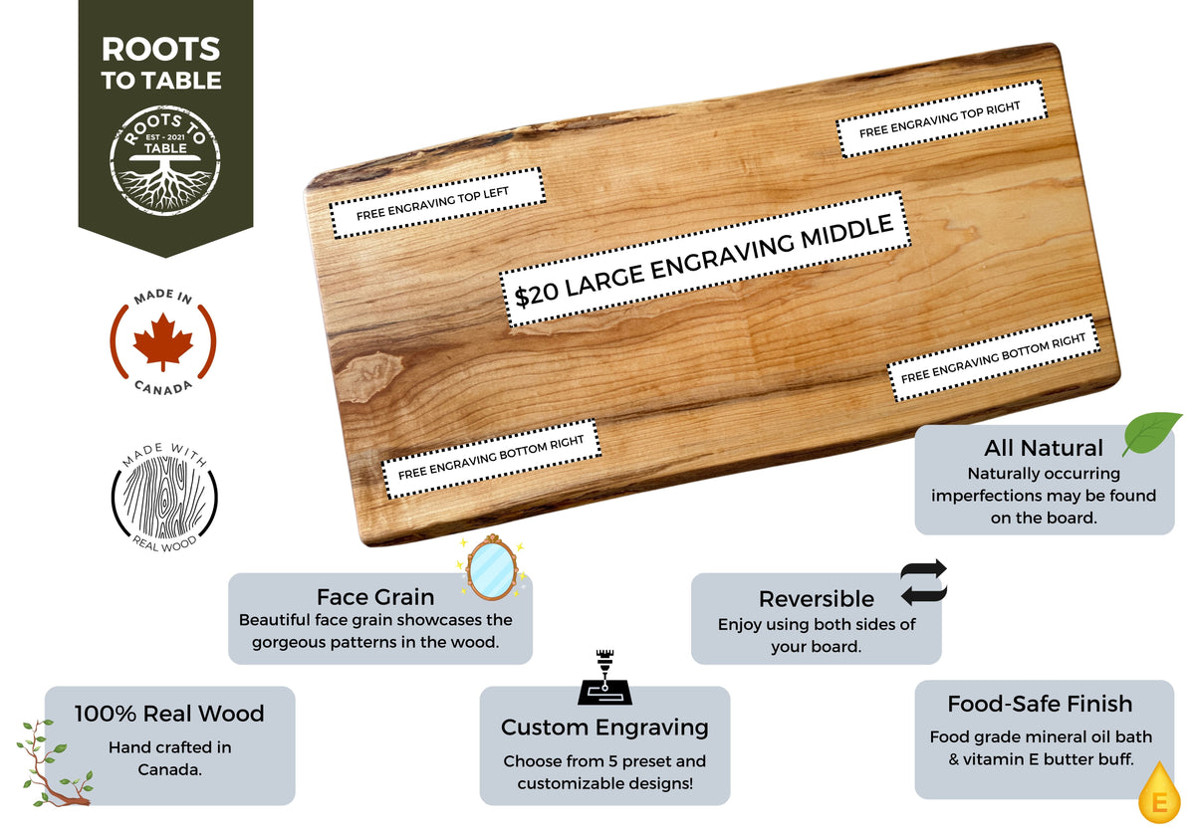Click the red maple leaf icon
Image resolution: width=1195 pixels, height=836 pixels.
[x=162, y=341]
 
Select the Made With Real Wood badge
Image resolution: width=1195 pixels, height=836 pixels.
[x=164, y=497]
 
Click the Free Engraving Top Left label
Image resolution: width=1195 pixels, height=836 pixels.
[x=436, y=204]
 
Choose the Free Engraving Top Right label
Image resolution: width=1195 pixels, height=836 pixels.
[x=940, y=118]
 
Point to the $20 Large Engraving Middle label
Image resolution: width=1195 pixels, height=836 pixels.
[x=704, y=259]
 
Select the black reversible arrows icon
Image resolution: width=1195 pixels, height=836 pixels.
[x=923, y=583]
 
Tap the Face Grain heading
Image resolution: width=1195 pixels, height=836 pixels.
[x=375, y=597]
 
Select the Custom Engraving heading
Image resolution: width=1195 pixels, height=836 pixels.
[x=604, y=728]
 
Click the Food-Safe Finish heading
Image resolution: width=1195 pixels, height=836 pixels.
[x=1040, y=705]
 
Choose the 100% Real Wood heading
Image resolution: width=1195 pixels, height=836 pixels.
[x=169, y=714]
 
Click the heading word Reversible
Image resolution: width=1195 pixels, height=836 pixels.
[x=816, y=599]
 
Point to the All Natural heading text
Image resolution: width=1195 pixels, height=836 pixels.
[x=1043, y=448]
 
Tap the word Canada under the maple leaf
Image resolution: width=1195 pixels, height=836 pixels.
[x=163, y=386]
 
